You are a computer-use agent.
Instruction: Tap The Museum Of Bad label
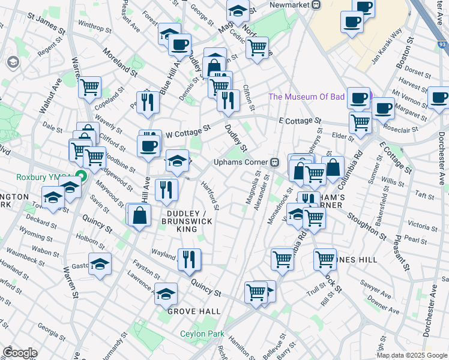pos(306,97)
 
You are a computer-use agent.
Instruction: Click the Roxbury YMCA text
pos(35,177)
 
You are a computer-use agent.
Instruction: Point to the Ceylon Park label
pos(201,334)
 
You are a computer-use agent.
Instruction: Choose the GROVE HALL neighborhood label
pos(193,311)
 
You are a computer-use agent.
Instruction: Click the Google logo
pos(19,353)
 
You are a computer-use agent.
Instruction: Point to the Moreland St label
pos(120,61)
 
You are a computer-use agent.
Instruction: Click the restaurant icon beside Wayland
pos(189,259)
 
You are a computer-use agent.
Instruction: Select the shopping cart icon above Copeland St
pos(89,87)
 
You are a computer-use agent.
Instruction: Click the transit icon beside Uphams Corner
pos(274,162)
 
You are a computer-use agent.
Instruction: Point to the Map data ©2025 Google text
pos(412,355)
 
